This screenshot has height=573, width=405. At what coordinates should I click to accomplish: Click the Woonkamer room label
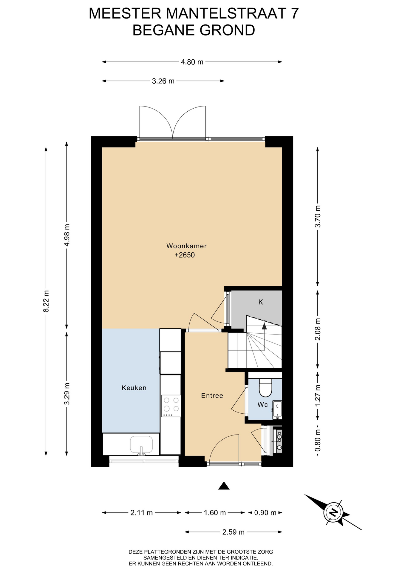tap(186, 246)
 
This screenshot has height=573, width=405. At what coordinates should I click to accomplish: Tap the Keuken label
tap(134, 388)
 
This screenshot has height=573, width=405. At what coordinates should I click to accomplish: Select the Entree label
tap(212, 395)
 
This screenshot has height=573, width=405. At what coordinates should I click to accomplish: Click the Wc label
tap(263, 405)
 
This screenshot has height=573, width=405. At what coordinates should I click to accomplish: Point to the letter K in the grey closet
tap(261, 302)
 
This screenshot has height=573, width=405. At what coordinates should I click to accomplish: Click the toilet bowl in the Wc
tap(265, 387)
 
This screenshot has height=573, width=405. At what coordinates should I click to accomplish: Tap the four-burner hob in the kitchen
tap(171, 406)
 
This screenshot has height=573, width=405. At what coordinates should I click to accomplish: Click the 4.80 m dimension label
tap(192, 62)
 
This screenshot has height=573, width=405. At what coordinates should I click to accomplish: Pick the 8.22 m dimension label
tap(46, 301)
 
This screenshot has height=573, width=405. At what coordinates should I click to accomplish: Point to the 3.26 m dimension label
tap(163, 81)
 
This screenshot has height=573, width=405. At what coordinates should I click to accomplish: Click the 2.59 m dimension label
tap(234, 532)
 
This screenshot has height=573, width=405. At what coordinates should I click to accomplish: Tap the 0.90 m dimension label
tap(265, 513)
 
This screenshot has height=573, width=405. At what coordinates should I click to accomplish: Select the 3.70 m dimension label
tap(318, 216)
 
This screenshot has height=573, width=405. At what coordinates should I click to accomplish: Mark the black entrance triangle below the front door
tap(224, 486)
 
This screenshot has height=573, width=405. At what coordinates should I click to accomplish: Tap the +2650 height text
tap(185, 255)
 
